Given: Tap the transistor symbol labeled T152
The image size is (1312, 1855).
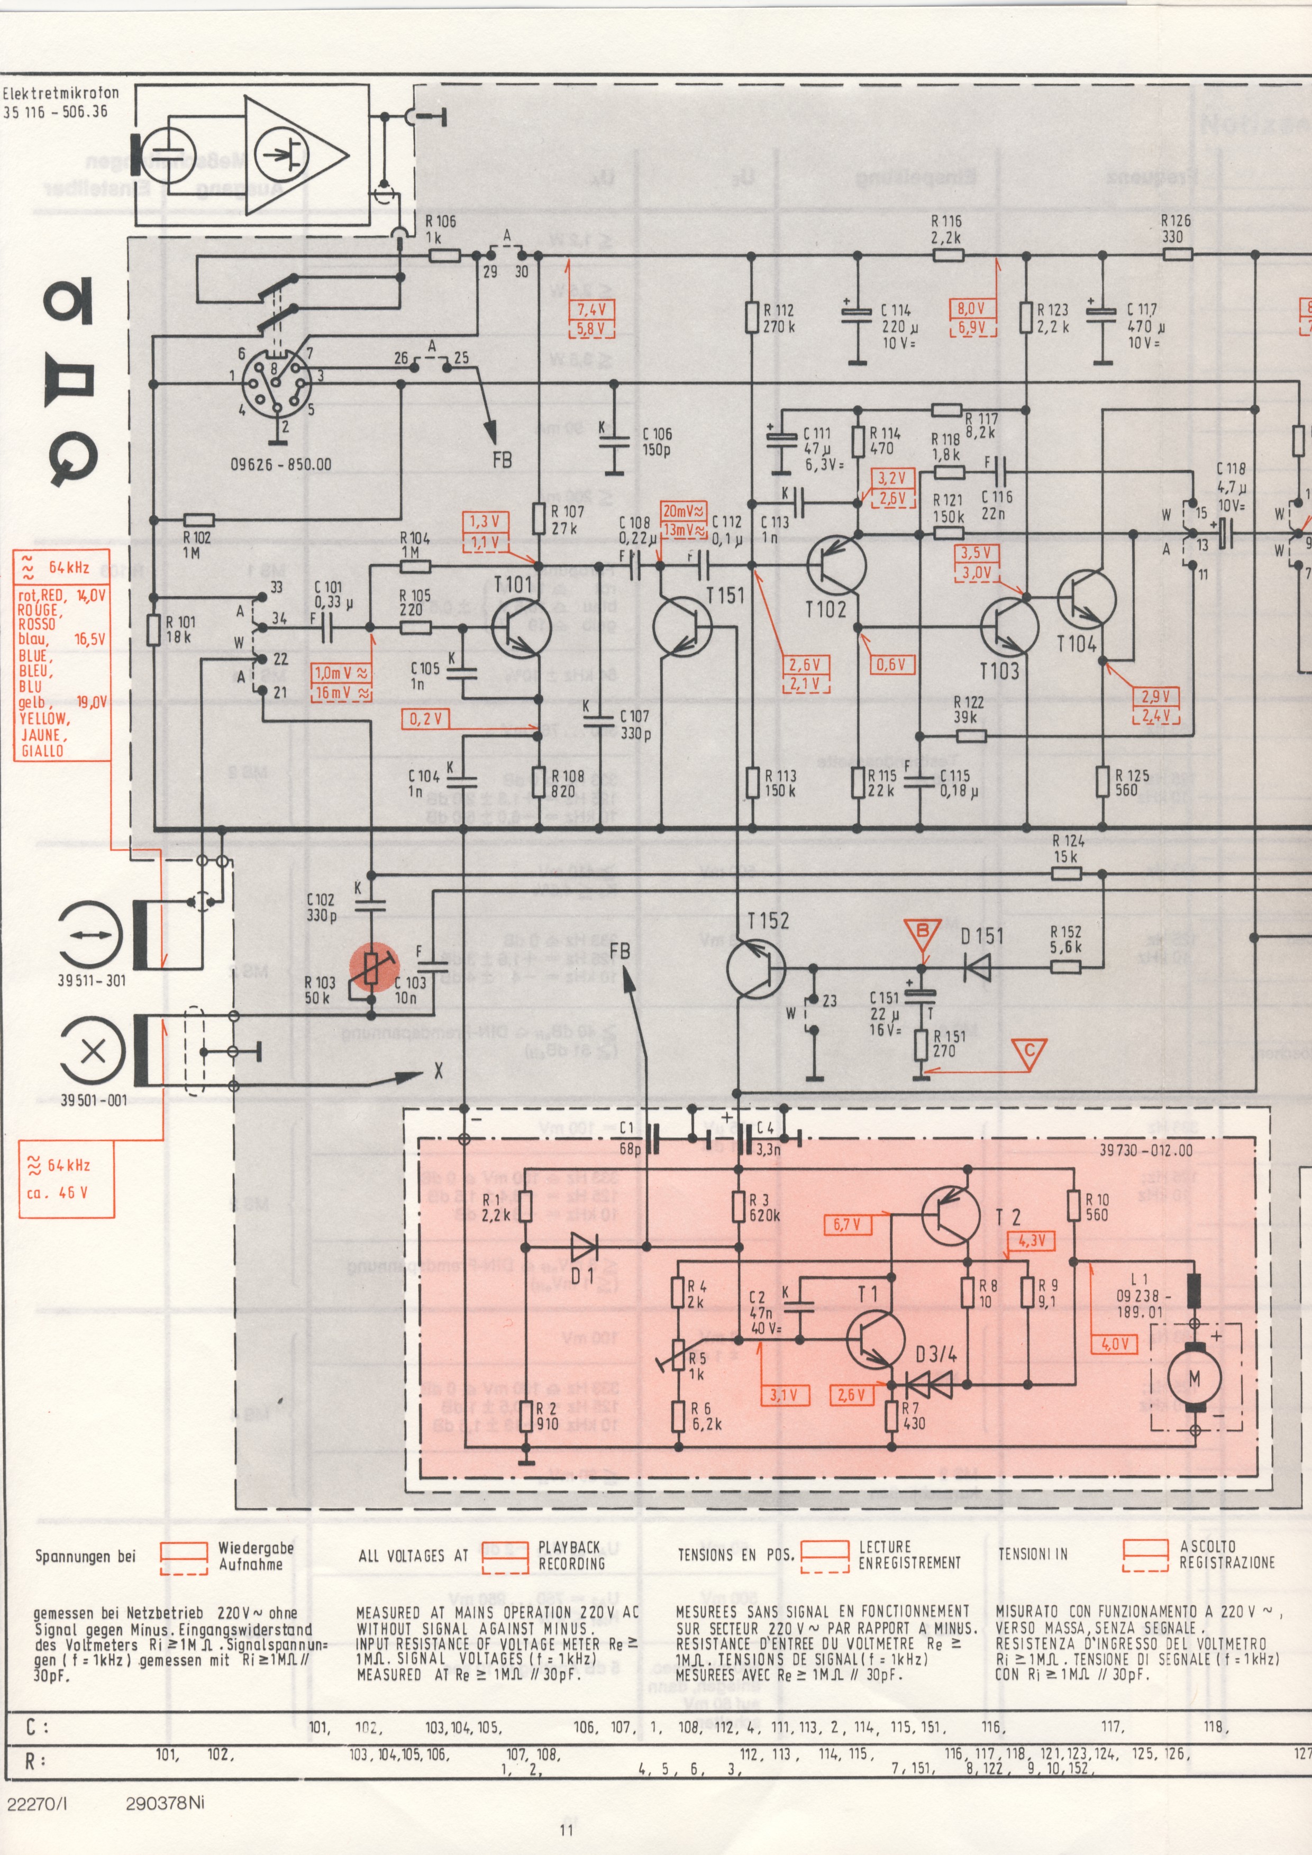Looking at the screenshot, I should pos(755,968).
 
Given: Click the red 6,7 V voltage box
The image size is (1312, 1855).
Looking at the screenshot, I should pos(846,1224).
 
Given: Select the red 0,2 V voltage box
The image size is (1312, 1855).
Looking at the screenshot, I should pos(426,718).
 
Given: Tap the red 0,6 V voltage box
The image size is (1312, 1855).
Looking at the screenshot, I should pos(891,664).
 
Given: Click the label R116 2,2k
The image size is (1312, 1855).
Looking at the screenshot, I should pos(946,230).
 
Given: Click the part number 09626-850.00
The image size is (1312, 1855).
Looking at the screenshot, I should pos(280,464).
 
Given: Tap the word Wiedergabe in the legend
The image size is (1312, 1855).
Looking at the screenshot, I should pos(256,1548).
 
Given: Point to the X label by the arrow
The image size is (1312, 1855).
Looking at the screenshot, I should pos(439,1071).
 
